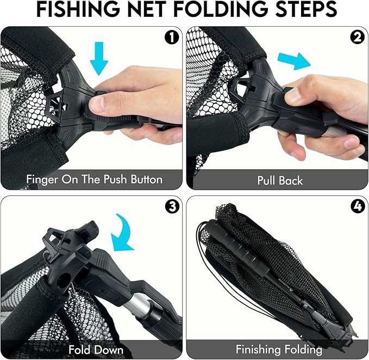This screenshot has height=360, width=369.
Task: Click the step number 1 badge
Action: pos(171,38)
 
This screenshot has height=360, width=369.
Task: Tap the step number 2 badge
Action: pos(357,38)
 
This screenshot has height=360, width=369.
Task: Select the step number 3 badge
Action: pos(171,207)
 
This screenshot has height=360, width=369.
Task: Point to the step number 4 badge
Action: pos(357,207)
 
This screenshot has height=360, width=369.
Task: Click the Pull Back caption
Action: pos(279,179)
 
